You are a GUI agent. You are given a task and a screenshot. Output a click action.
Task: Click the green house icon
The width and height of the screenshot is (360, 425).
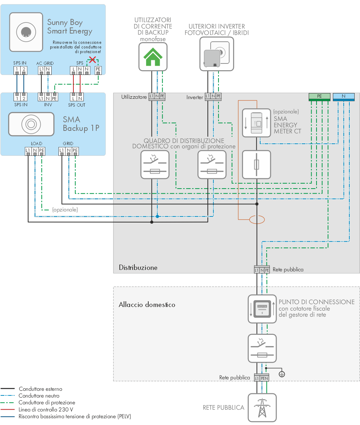point(153,56)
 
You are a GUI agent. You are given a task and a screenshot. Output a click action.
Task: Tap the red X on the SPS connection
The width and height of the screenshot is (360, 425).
point(92,60)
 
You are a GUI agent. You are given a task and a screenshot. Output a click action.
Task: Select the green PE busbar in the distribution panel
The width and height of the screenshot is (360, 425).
point(319,96)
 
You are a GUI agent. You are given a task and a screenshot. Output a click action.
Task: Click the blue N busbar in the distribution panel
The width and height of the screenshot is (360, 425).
point(344,96)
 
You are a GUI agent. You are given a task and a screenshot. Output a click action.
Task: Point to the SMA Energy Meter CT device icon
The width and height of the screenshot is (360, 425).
point(257,123)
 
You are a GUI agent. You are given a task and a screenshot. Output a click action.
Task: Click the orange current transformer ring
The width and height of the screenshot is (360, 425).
point(257,220)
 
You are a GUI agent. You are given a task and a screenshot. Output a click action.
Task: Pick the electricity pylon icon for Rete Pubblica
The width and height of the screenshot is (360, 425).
point(262,408)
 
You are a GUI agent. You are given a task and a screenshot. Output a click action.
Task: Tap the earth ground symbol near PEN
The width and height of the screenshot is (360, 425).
point(282,374)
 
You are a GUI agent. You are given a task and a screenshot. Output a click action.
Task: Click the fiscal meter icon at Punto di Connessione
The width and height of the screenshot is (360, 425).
point(262,309)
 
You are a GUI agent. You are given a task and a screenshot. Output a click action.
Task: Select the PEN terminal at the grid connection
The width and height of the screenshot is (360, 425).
point(264,378)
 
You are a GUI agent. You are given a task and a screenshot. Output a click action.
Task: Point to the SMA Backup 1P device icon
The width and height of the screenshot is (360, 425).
point(31,124)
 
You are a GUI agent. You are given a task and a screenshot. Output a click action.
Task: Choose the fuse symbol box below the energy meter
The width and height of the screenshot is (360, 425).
point(257,164)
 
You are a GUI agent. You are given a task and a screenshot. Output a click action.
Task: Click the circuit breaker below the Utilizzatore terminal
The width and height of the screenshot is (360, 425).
point(155,164)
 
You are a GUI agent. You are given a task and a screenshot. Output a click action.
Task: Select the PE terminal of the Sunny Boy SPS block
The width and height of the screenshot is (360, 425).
point(98,69)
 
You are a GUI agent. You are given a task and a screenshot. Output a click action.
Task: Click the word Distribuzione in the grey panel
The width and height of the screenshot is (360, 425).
point(138,267)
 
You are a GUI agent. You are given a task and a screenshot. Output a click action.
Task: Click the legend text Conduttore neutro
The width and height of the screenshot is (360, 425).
point(39,396)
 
